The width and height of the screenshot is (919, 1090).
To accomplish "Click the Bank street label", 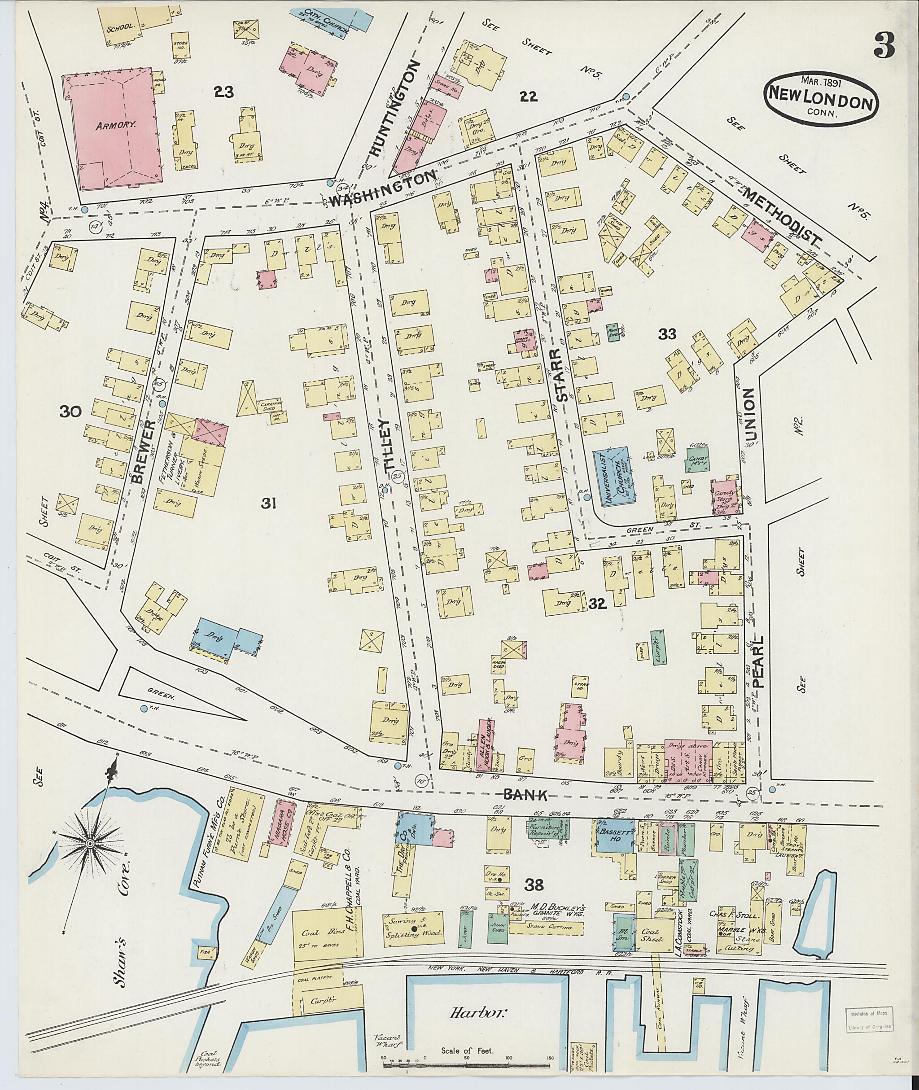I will click(x=525, y=809).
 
